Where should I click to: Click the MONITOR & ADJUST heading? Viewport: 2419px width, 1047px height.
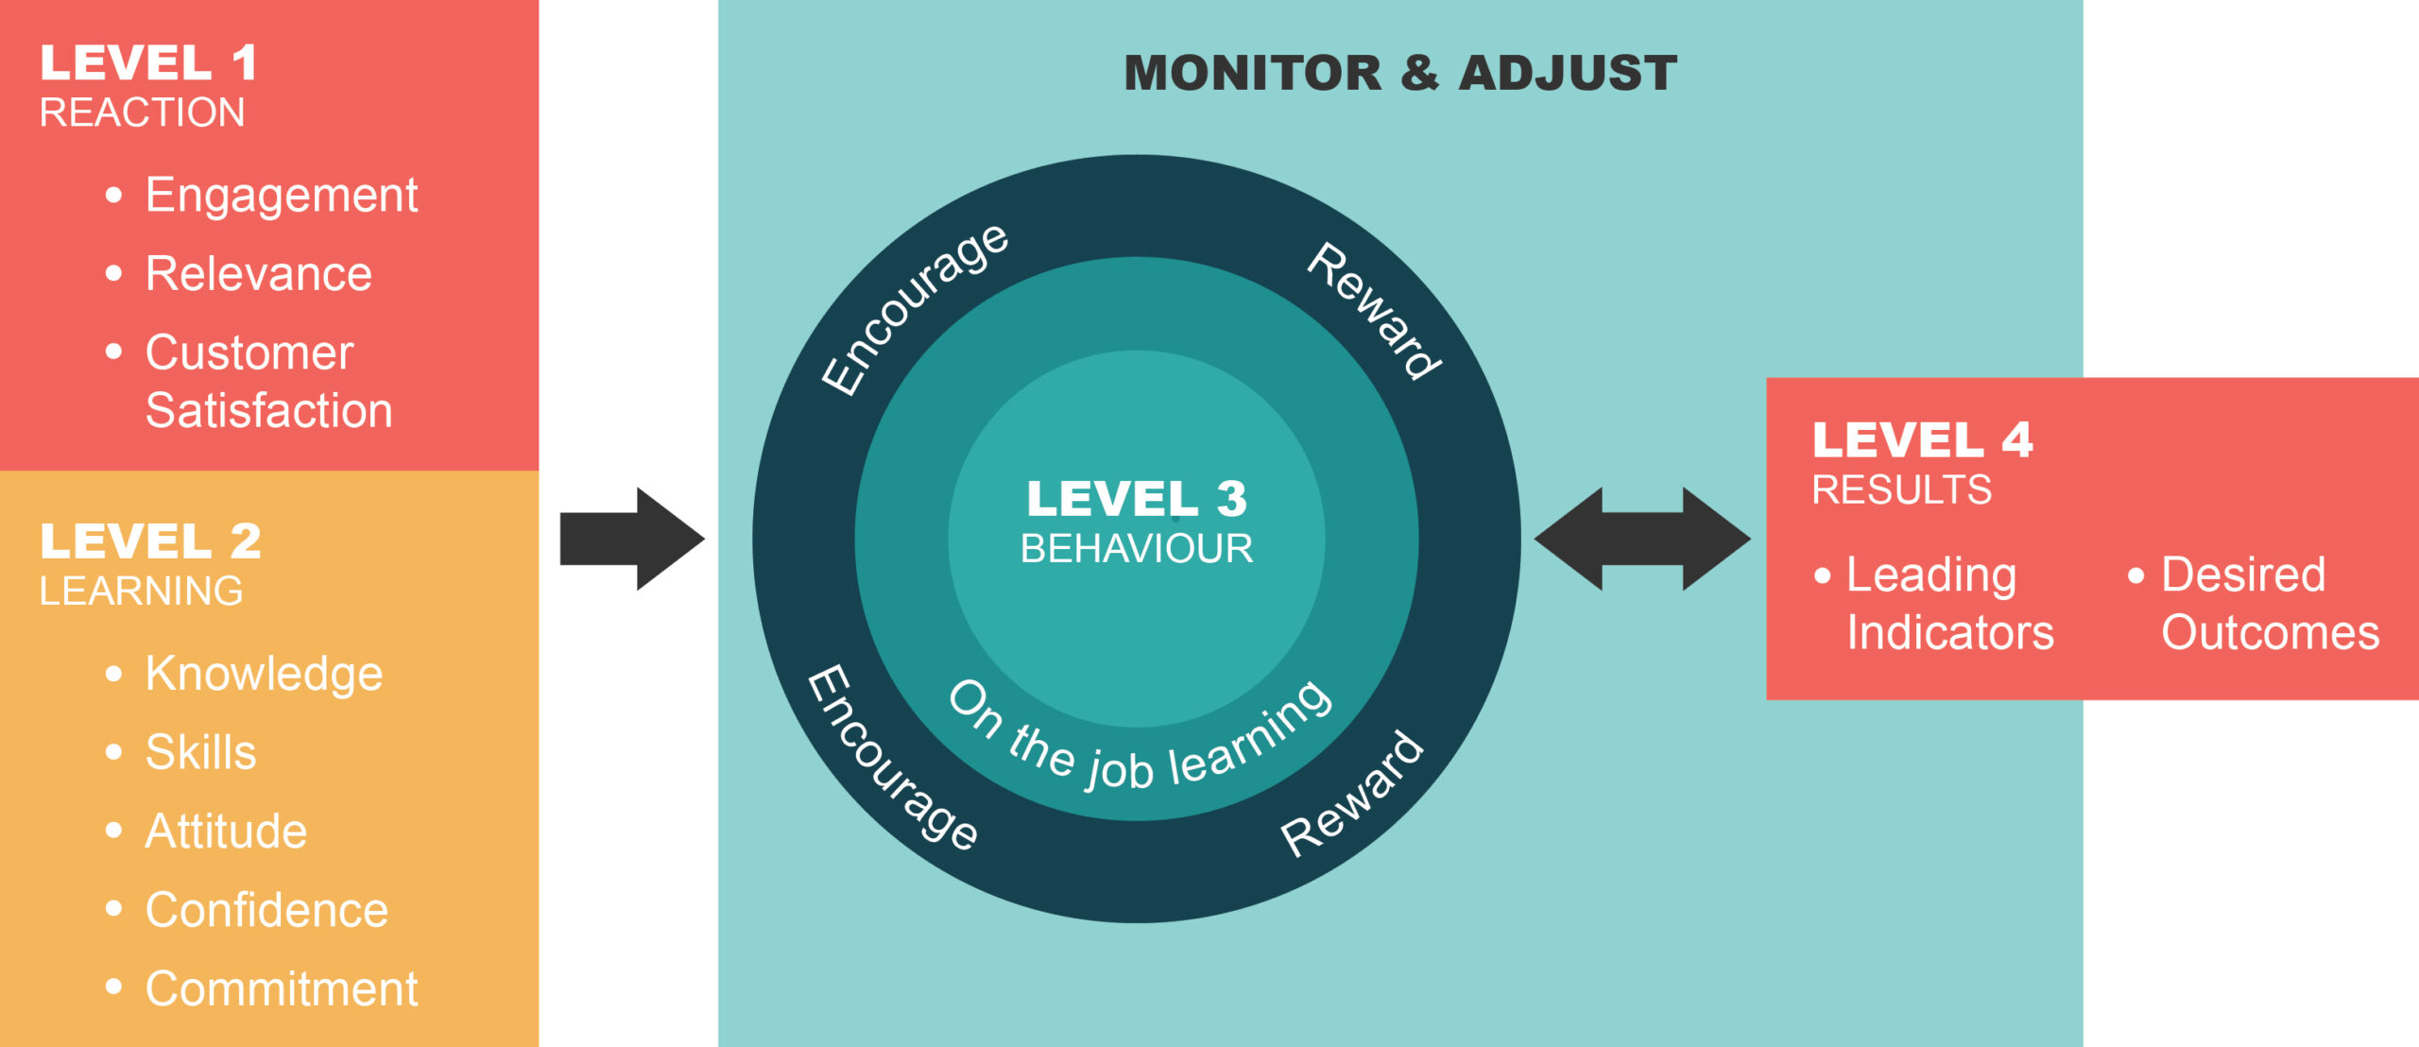tap(1400, 73)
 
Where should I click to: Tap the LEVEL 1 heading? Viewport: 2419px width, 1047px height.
tap(148, 63)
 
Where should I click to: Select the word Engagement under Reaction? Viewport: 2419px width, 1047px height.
tap(281, 196)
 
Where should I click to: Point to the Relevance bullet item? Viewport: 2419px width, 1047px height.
tap(258, 274)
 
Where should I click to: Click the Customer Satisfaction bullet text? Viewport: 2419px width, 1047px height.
tap(268, 382)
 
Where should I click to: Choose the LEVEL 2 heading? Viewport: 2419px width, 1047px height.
tap(150, 541)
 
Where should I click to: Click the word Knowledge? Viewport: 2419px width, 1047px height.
tap(264, 674)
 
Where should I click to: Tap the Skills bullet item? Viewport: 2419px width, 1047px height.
tap(200, 752)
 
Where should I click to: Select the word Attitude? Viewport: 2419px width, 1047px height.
tap(226, 832)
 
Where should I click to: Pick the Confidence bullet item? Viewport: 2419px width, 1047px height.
tap(266, 910)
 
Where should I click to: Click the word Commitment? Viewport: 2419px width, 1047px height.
tap(281, 989)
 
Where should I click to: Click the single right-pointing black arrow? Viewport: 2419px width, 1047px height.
tap(631, 539)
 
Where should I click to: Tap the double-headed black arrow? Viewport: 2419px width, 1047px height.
tap(1642, 539)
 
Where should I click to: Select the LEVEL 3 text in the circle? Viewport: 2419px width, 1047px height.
tap(1137, 498)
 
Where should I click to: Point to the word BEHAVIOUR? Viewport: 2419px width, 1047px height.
tap(1137, 549)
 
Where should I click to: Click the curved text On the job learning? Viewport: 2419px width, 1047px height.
tap(1139, 747)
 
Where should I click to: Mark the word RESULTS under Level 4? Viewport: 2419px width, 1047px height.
tap(1901, 489)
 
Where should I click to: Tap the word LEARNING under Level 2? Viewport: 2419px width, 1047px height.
tap(142, 592)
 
